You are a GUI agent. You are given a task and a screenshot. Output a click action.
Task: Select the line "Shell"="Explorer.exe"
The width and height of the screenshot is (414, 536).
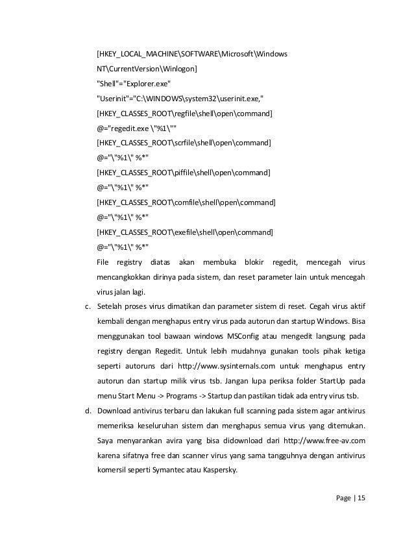click(134, 84)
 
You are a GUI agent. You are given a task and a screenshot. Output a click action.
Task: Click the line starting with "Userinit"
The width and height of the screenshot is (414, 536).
click(180, 99)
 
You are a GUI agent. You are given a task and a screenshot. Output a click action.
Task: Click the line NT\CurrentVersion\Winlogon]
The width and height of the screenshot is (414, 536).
click(148, 69)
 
